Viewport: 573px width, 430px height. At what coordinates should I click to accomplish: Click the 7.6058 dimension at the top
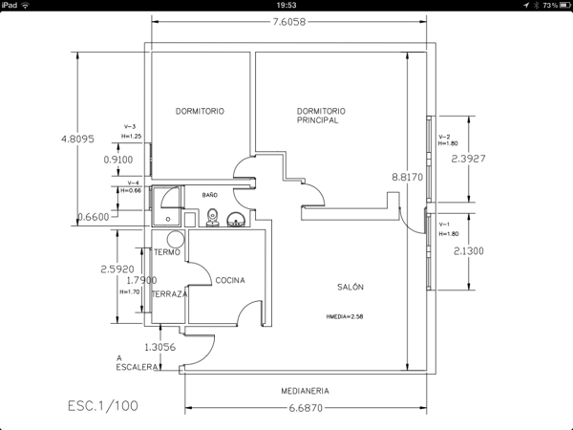coord(289,22)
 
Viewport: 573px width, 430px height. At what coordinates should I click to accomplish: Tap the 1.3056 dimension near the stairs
coord(159,348)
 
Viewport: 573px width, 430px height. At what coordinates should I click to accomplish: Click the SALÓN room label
coord(350,286)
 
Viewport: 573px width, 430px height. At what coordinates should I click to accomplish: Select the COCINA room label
coord(230,280)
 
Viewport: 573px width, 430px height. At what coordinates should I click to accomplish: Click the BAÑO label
coord(210,195)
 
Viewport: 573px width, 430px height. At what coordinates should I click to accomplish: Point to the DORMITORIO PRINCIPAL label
coord(321,116)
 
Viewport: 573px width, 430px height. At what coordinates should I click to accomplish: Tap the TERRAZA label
coord(169,294)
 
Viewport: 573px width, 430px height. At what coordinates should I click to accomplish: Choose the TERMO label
coord(167,251)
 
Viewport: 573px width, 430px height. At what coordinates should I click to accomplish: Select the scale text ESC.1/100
coord(102,405)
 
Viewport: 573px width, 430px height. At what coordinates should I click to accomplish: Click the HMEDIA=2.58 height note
coord(345,314)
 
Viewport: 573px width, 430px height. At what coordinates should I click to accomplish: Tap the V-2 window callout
coord(444,137)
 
